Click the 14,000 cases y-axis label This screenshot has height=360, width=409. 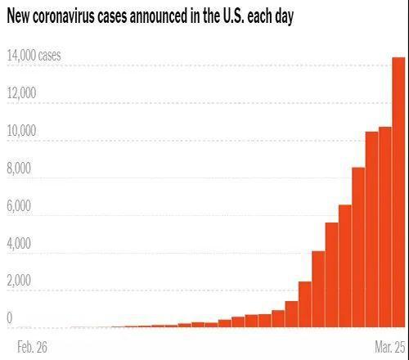(x=44, y=56)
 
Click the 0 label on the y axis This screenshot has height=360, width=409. (x=10, y=317)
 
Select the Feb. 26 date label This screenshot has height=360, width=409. (x=32, y=347)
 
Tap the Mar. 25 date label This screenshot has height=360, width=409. (x=387, y=347)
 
